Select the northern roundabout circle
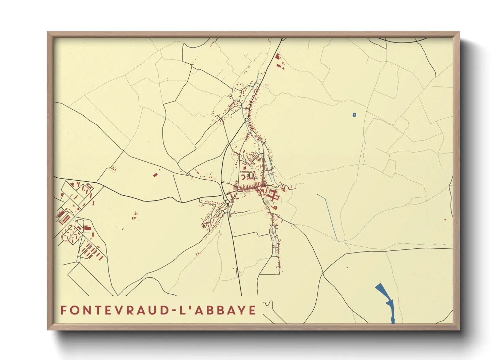point(246,120)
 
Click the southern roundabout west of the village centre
point(227,202)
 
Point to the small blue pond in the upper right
point(354,115)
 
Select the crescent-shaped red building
point(243,177)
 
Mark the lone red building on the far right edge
point(445,220)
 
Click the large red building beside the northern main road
point(277,57)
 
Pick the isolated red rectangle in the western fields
point(155,175)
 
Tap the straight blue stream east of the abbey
point(327,217)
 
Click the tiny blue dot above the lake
point(347,268)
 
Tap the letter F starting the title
point(63,310)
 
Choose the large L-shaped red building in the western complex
point(88,228)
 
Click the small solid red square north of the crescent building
point(244,167)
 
